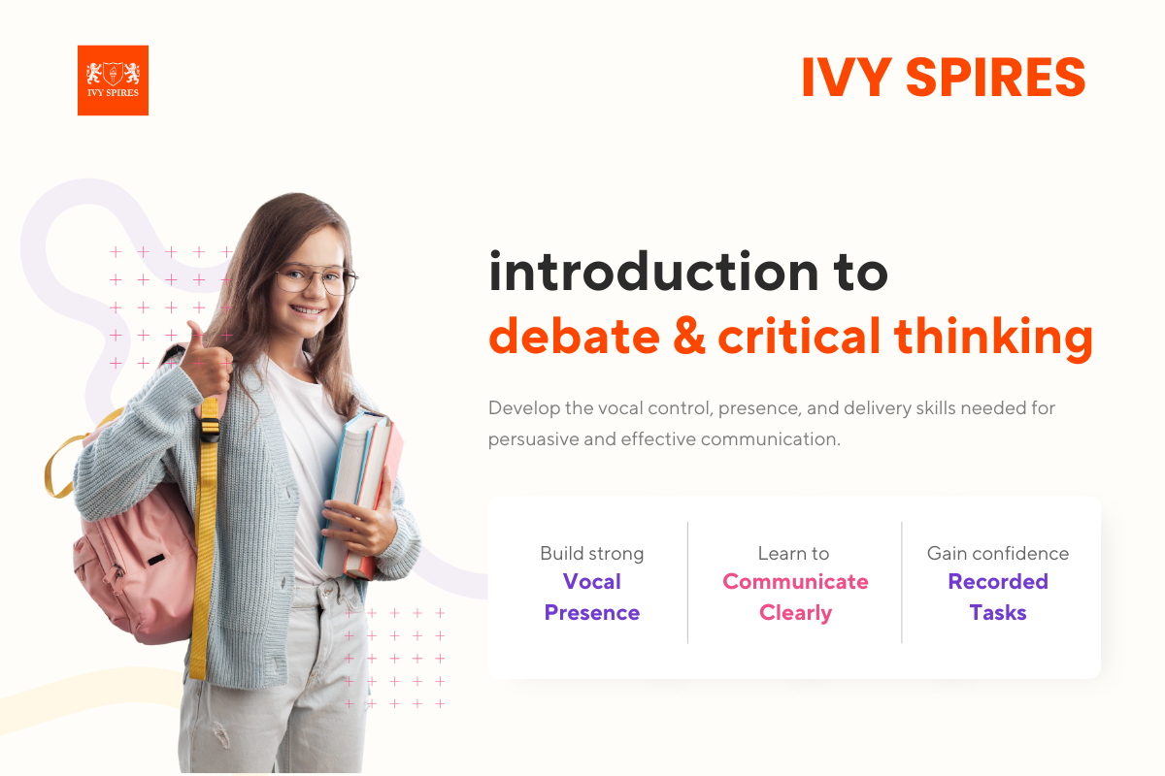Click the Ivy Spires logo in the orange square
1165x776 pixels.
click(x=113, y=81)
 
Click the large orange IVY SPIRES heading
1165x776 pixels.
click(x=943, y=78)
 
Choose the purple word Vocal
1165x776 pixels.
click(x=591, y=582)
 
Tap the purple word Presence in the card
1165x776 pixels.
click(x=591, y=613)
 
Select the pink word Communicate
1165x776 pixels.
click(x=795, y=582)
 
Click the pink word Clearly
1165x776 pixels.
click(x=795, y=613)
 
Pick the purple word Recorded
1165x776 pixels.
click(x=998, y=582)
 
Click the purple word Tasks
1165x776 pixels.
click(x=998, y=613)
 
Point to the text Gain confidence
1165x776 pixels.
click(x=998, y=554)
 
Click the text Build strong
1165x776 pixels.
click(x=591, y=554)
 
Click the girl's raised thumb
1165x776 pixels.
click(x=194, y=335)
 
